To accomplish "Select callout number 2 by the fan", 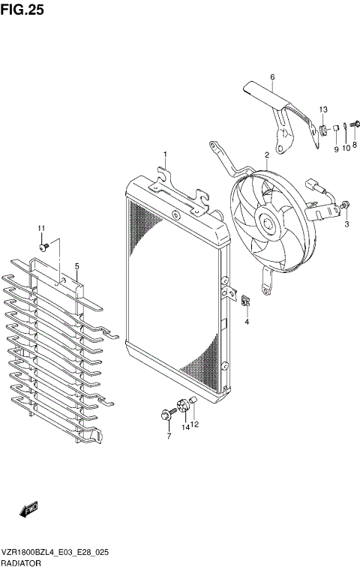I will click(266, 155).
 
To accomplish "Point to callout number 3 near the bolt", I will click(346, 223).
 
